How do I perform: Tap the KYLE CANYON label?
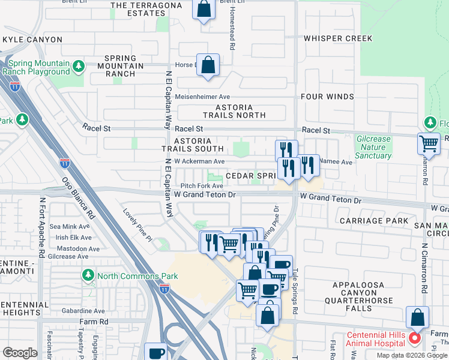(32, 40)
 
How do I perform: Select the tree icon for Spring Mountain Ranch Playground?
(77, 65)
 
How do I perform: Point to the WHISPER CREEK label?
(338, 38)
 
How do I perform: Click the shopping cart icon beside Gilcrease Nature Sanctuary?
(429, 143)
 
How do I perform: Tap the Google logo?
(20, 353)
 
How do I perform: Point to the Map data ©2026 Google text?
(411, 355)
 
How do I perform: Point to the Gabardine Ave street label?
(79, 311)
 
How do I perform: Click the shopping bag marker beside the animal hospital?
(417, 317)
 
